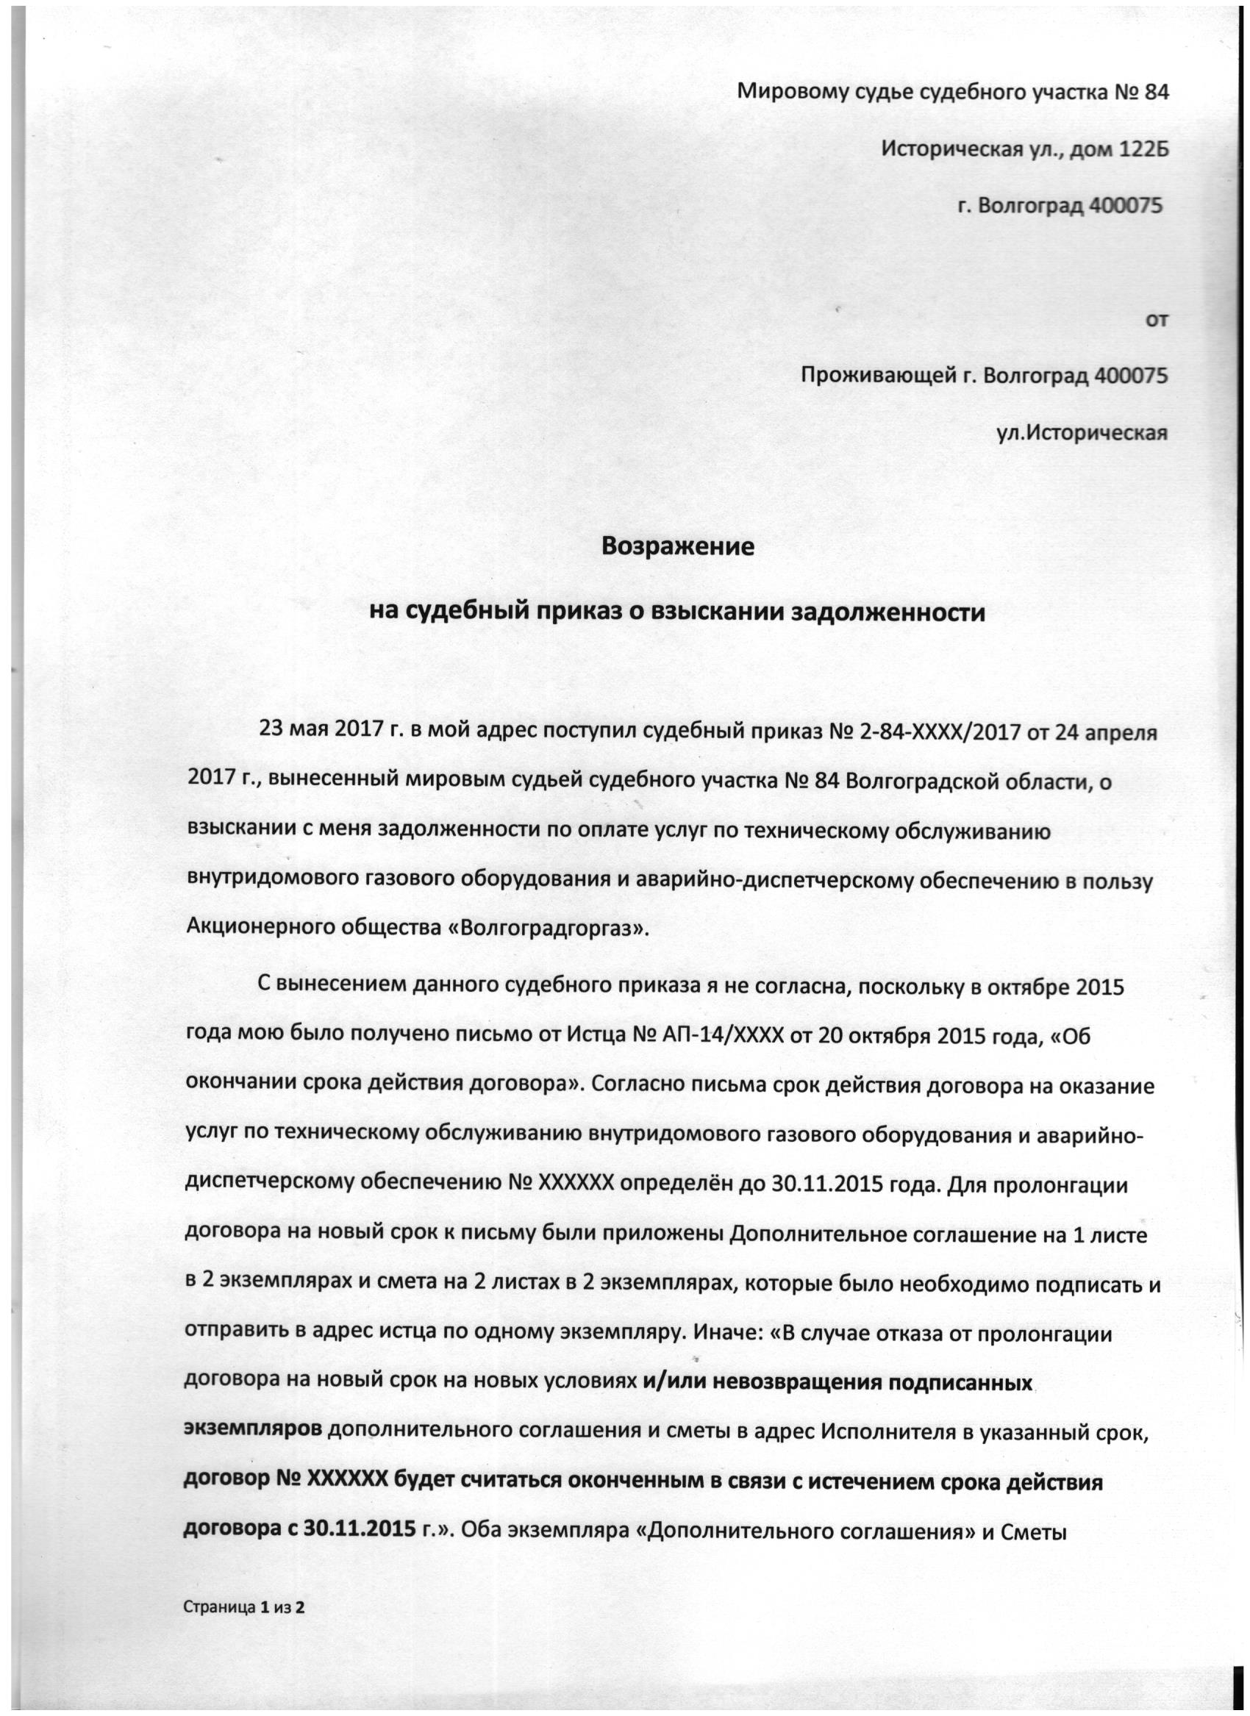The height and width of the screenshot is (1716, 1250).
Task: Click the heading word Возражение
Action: tap(678, 546)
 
